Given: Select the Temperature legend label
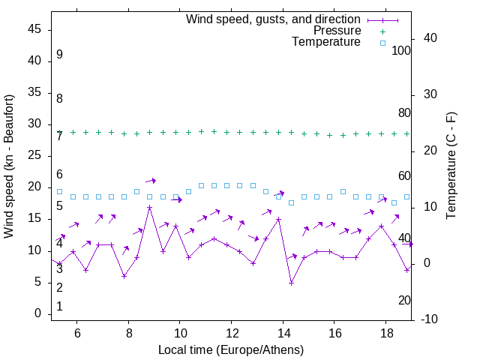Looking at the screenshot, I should point(326,43).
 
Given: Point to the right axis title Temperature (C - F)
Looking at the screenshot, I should point(451,166).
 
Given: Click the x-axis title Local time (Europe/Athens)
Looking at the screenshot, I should point(231,350).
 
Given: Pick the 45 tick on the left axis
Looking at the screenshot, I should point(34,30).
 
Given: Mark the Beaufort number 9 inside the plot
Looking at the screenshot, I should point(59,55).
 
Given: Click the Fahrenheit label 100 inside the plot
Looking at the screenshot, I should point(401,50).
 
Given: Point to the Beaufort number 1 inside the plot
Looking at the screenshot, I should point(59,307).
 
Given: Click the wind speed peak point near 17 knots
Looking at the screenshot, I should point(150,207).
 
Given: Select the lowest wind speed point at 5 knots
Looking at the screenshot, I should point(291,283).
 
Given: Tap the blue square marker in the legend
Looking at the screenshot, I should point(382,43).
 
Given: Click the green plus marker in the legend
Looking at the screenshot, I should point(382,31).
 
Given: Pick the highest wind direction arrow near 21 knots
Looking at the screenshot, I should point(151,181).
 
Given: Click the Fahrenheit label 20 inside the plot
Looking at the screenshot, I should point(404,300).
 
